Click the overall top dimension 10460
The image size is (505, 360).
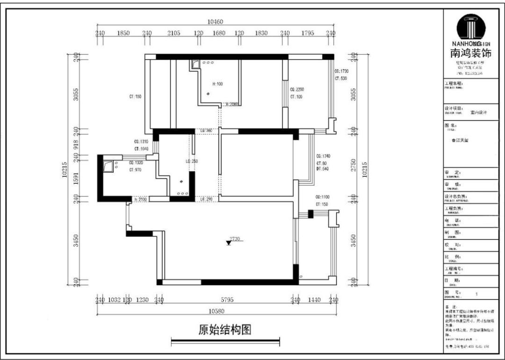pyautogui.click(x=215, y=22)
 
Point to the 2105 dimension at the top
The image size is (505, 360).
pyautogui.click(x=173, y=33)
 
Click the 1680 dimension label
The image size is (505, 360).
pyautogui.click(x=219, y=33)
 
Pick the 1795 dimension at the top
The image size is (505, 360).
pyautogui.click(x=307, y=33)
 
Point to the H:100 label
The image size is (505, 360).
pyautogui.click(x=217, y=84)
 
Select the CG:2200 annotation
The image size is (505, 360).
pyautogui.click(x=297, y=89)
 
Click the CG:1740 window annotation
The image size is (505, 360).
pyautogui.click(x=323, y=156)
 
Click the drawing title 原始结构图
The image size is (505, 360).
pyautogui.click(x=225, y=330)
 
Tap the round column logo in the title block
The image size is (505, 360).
pyautogui.click(x=474, y=27)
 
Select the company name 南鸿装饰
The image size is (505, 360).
pyautogui.click(x=470, y=53)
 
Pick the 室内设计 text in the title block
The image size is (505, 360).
pyautogui.click(x=479, y=112)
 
